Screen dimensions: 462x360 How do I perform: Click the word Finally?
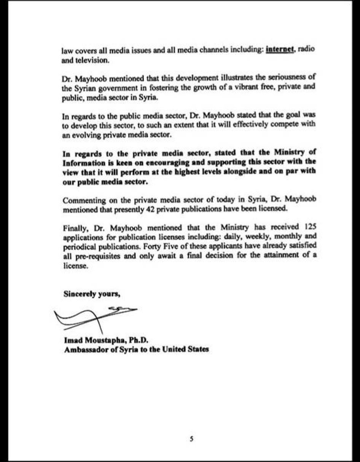coord(75,229)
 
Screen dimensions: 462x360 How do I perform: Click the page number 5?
coord(192,439)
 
